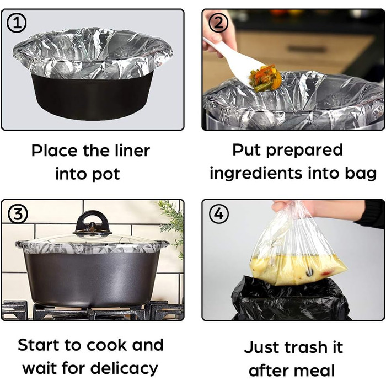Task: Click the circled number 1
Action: [x=17, y=23]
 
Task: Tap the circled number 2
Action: [x=218, y=23]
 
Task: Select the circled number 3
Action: [x=18, y=214]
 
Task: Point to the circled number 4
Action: [x=218, y=214]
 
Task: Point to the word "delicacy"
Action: [x=124, y=369]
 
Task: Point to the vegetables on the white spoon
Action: [x=265, y=77]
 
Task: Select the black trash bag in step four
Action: [x=291, y=299]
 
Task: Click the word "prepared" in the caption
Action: [x=304, y=151]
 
